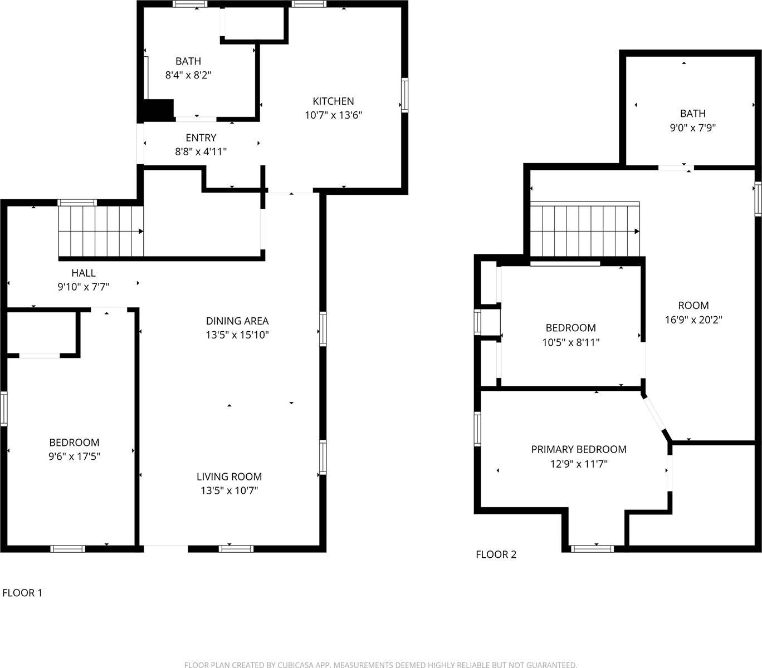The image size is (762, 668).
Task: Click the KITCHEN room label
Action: coord(333,101)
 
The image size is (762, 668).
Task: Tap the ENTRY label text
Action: coord(201,137)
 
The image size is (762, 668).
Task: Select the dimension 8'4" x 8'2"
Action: coord(188,75)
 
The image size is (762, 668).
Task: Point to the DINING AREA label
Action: coord(237,321)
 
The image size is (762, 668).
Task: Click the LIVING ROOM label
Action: coord(229,477)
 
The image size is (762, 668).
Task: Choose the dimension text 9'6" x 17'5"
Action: coord(74,457)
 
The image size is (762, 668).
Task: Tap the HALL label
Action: coord(83,273)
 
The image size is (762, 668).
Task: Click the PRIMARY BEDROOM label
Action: coord(578,449)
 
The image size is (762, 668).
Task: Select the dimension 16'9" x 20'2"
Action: coord(693,320)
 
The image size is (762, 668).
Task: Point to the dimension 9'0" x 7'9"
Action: coord(692,127)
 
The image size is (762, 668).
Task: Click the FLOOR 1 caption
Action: coord(22,593)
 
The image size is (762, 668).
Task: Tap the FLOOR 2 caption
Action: coord(496,554)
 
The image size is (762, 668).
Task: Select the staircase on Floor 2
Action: coord(584,230)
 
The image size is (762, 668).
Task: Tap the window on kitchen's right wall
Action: coord(404,96)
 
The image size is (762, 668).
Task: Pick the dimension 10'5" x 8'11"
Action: coord(570,342)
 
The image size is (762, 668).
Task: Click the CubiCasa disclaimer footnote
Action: coord(380,664)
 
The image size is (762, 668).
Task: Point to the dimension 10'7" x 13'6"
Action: coord(333,115)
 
